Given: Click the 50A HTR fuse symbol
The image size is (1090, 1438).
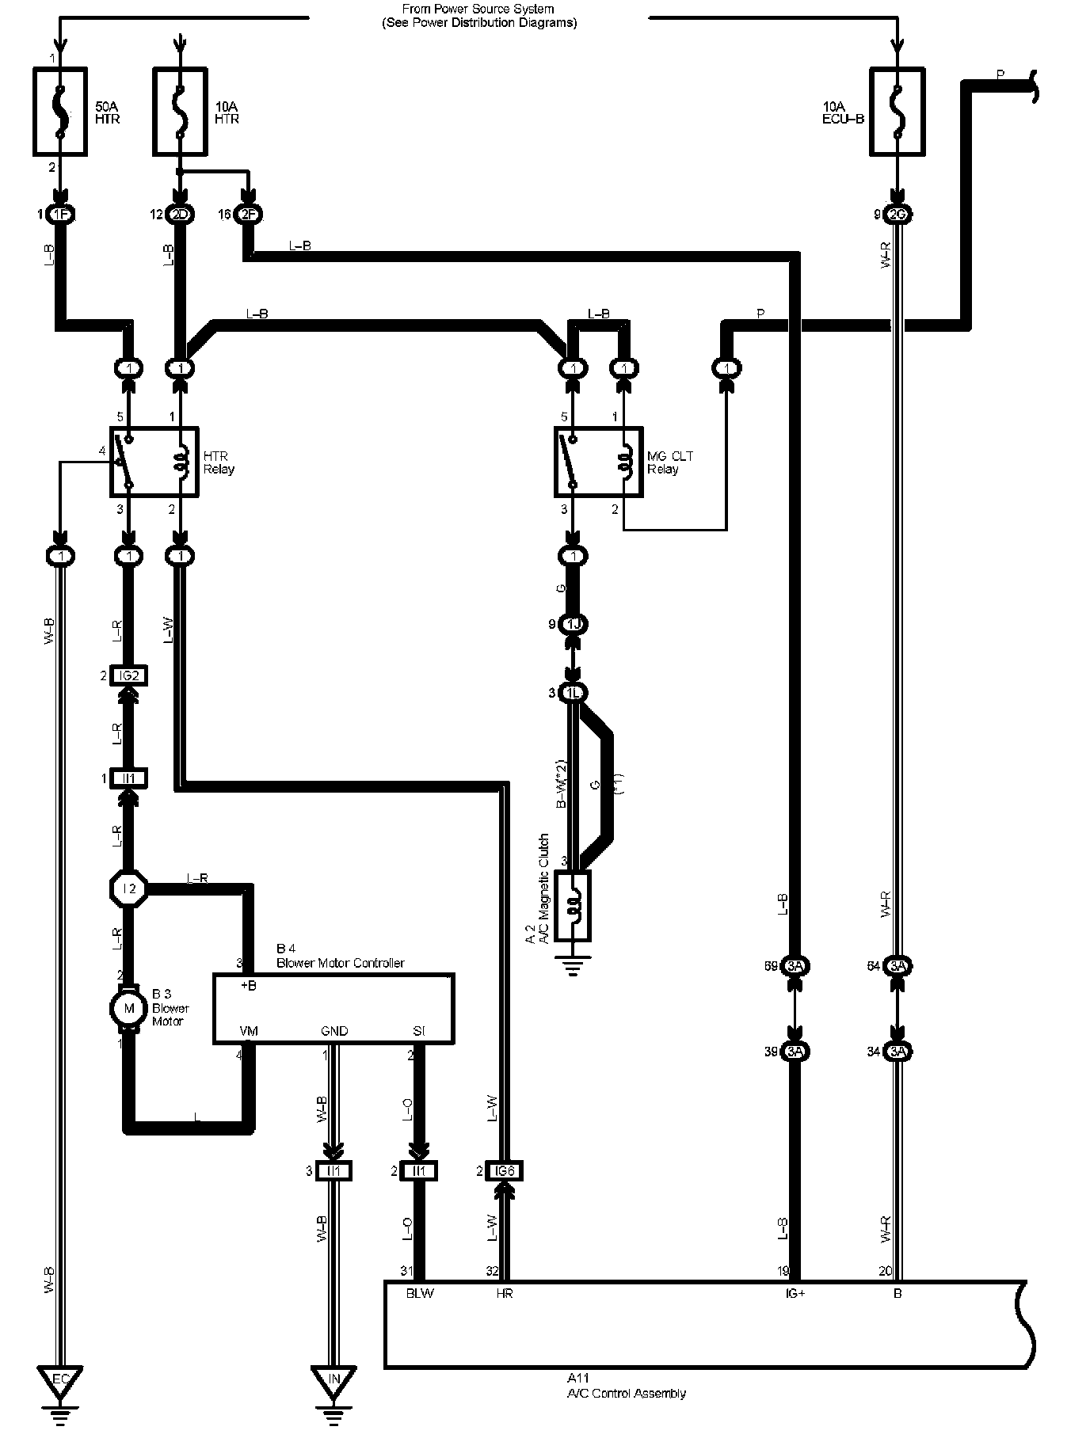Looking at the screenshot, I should point(59,111).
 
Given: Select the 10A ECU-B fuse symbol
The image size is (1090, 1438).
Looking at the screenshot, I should point(897,111).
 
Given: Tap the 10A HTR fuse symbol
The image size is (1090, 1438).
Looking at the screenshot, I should point(180,111).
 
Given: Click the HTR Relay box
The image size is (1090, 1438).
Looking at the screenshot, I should point(154,462).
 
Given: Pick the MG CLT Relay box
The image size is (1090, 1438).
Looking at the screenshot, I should point(598,462).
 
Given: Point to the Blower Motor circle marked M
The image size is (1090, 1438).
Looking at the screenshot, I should point(129,1008).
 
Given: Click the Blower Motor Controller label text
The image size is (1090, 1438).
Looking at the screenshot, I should point(341,963).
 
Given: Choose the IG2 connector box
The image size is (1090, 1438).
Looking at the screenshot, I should point(129,675).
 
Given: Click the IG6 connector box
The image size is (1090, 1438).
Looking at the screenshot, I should point(505,1170).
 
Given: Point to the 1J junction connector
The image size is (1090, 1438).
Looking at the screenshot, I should point(573,625).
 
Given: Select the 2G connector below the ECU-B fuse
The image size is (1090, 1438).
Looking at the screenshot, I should point(897,215).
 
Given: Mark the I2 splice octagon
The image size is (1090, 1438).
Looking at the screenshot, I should point(129,888).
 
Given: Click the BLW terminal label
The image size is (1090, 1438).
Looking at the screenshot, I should point(420,1293).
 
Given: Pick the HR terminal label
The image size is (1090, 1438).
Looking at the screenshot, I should point(505,1293).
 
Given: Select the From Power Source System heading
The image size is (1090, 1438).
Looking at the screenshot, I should point(478,16).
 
